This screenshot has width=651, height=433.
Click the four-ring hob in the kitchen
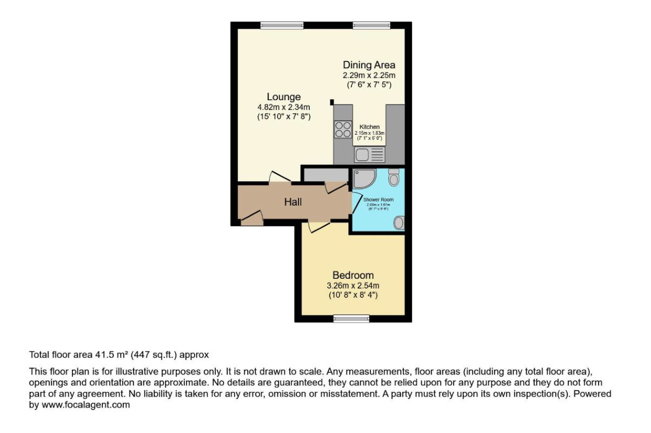click(343, 130)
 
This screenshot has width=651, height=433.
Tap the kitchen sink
click(369, 155)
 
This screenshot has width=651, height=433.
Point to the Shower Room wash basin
click(398, 222)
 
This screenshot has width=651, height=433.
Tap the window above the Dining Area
click(371, 25)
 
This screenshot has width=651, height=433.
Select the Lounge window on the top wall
click(282, 25)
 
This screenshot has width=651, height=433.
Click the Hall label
click(293, 202)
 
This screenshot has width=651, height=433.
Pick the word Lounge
click(283, 97)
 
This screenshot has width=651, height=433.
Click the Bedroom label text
click(353, 275)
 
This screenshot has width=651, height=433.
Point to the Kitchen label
click(370, 127)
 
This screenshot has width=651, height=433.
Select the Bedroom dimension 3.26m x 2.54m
click(353, 285)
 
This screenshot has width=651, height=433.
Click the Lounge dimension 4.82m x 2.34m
click(283, 107)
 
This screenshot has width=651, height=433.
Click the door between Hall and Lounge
click(280, 177)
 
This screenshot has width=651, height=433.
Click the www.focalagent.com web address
click(85, 405)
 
